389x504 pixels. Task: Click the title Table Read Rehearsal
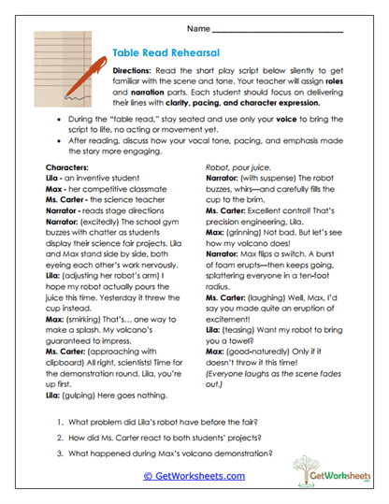click(162, 54)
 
